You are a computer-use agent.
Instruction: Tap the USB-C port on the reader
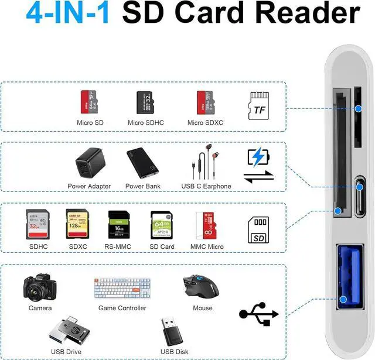(x=359, y=188)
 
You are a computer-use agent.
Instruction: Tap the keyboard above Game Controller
(x=122, y=287)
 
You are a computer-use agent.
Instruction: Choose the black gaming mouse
(x=200, y=286)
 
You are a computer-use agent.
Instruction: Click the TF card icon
(x=258, y=105)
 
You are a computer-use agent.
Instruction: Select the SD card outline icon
(x=259, y=230)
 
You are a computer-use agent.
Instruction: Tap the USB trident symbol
(x=258, y=314)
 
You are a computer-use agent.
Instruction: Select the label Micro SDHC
(x=146, y=123)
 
